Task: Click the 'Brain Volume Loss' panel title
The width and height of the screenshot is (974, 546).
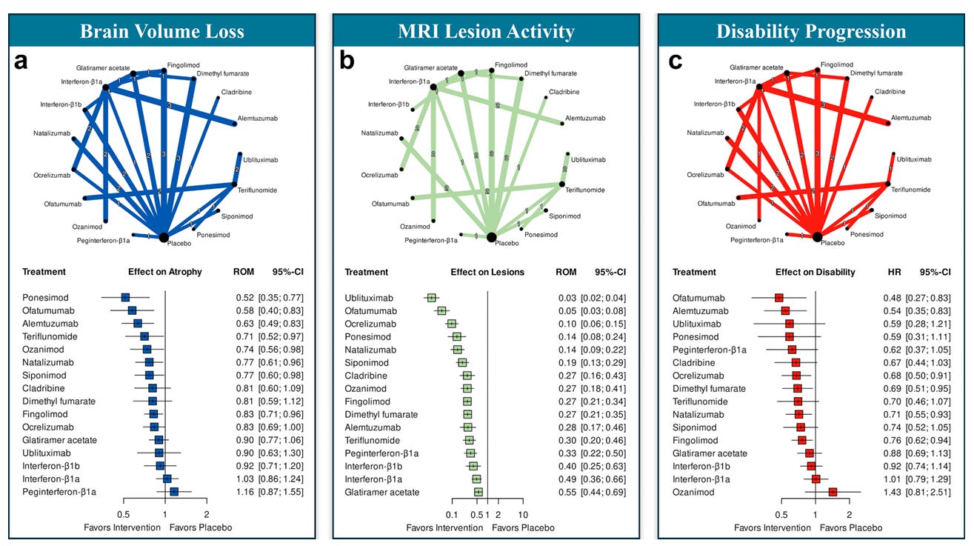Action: (161, 31)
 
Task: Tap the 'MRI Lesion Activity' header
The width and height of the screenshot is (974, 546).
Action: (485, 31)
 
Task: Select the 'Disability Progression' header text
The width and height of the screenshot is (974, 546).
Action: (810, 31)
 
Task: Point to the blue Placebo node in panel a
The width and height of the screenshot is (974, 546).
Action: (165, 236)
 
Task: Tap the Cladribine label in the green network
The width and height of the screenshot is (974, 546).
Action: (564, 92)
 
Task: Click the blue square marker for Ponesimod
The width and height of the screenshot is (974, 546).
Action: (125, 298)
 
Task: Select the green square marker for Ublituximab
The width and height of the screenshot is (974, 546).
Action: (432, 298)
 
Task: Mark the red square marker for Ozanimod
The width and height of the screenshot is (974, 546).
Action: (833, 492)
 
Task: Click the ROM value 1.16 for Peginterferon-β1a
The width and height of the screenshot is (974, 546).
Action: (235, 492)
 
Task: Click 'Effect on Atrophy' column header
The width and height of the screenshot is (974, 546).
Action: (164, 272)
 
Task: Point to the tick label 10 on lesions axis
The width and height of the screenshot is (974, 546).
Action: (522, 514)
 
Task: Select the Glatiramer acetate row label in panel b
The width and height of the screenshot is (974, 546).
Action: (382, 492)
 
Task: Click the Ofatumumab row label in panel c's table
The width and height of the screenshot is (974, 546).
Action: (700, 298)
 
